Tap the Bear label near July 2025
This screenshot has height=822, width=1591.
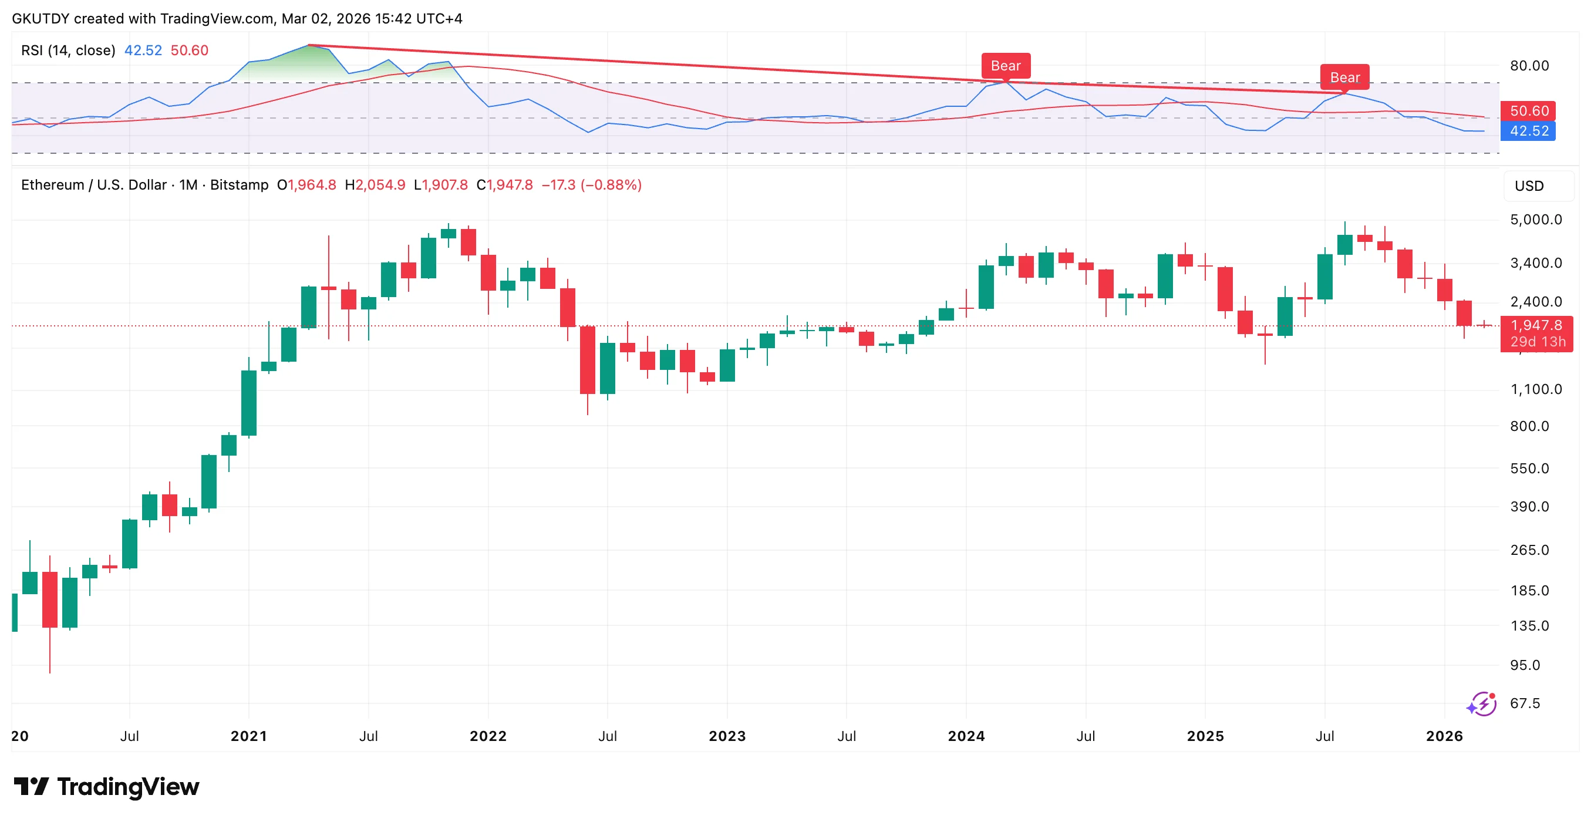1344,77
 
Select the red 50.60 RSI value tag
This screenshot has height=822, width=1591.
1529,111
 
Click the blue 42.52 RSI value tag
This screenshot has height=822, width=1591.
1529,131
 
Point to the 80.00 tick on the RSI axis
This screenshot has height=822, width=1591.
1529,65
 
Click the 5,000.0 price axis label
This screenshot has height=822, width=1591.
1536,220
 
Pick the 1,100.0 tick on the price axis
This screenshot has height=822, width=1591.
1536,389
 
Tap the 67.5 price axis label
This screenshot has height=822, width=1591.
1525,703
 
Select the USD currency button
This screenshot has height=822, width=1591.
1529,186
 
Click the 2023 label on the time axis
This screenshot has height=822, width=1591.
727,736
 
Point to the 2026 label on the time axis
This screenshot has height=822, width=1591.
1444,736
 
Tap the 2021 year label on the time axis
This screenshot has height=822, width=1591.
249,736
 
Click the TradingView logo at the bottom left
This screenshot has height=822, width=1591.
106,787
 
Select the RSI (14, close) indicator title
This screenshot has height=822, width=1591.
68,50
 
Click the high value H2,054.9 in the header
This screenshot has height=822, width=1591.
375,185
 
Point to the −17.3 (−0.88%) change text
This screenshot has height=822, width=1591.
592,185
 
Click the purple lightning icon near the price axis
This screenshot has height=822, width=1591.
1482,703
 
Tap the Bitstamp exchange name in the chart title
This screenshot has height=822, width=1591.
239,185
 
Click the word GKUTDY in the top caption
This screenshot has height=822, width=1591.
41,19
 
